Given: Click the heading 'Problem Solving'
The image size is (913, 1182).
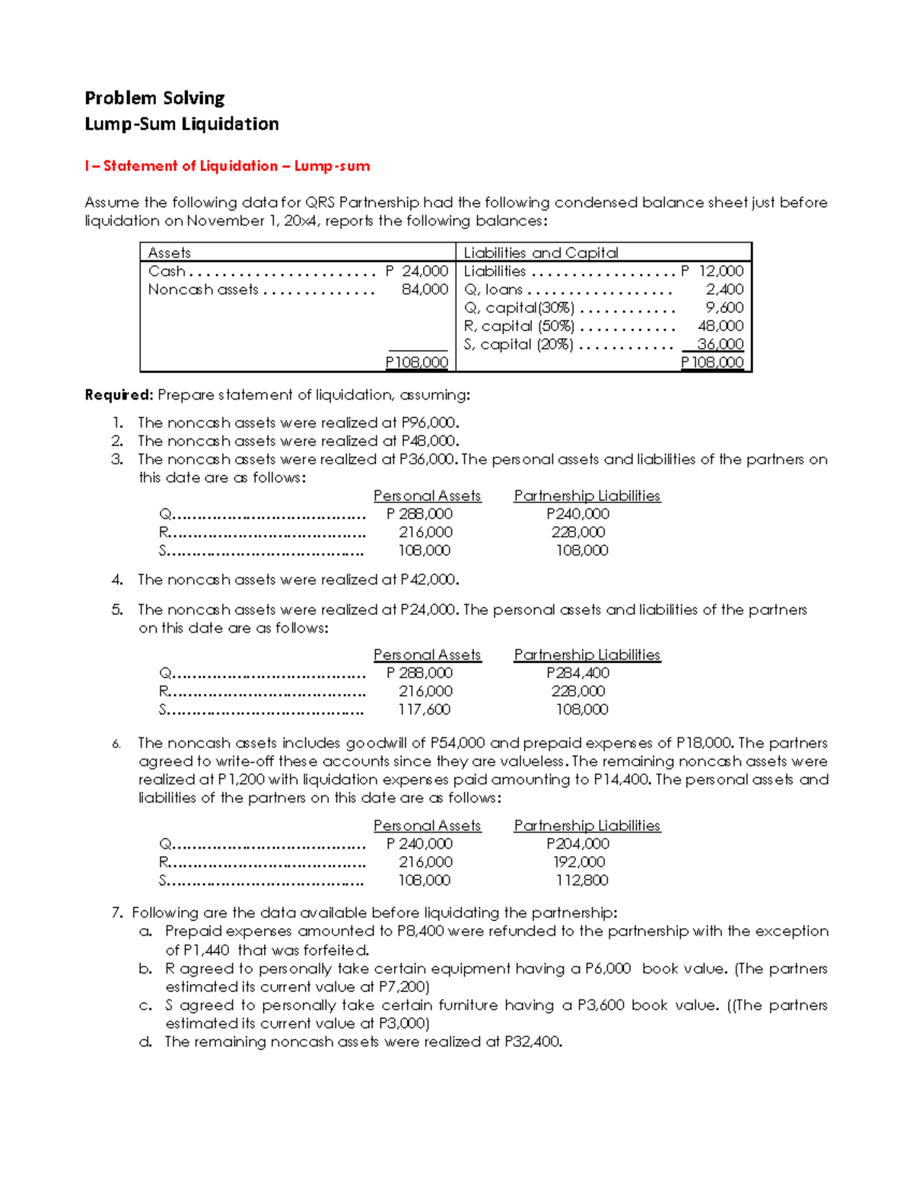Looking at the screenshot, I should pos(154,98).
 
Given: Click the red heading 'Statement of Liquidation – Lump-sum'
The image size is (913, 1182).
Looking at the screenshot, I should pos(237,166).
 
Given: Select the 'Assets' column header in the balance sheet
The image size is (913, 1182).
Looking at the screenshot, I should pos(169,253).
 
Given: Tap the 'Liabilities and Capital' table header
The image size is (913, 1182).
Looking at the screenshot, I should pos(540,253).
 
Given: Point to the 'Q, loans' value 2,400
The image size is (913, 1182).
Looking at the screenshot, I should pos(724,289).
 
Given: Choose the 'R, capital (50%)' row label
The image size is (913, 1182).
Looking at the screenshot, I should pos(519,326).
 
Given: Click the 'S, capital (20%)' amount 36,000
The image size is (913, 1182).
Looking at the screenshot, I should pos(720,344).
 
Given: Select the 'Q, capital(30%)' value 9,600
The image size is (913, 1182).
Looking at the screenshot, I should pos(724,307).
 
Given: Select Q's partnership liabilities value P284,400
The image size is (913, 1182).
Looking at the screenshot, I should pos(577,673).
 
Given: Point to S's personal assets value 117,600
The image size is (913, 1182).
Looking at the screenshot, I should pos(425,709).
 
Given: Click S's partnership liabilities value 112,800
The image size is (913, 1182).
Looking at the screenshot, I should pos(581,880).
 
